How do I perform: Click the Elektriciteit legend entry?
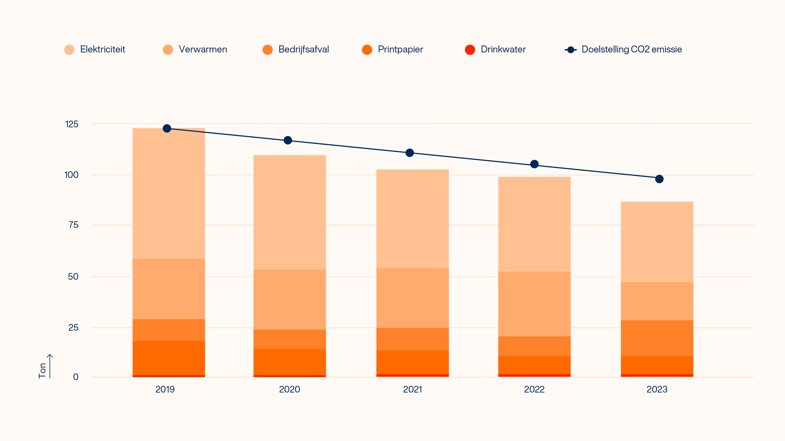pyautogui.click(x=95, y=49)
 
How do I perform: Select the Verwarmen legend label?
pyautogui.click(x=203, y=49)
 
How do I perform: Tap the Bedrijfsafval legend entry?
pyautogui.click(x=296, y=49)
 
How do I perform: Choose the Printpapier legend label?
pyautogui.click(x=401, y=50)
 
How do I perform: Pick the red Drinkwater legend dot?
pyautogui.click(x=470, y=50)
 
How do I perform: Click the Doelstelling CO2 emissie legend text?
pyautogui.click(x=632, y=49)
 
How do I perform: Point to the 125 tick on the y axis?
pyautogui.click(x=72, y=124)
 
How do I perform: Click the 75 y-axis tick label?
pyautogui.click(x=73, y=225)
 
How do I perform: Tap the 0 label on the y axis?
pyautogui.click(x=76, y=377)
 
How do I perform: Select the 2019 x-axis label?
pyautogui.click(x=165, y=389)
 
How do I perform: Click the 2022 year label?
pyautogui.click(x=534, y=389)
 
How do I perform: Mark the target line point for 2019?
pyautogui.click(x=167, y=129)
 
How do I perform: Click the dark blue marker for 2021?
pyautogui.click(x=410, y=152)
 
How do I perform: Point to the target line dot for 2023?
pyautogui.click(x=659, y=179)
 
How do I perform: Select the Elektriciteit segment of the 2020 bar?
pyautogui.click(x=290, y=212)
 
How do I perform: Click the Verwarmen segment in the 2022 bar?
pyautogui.click(x=534, y=304)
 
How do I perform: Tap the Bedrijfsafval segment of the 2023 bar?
pyautogui.click(x=657, y=338)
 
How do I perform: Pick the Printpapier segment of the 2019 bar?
pyautogui.click(x=169, y=358)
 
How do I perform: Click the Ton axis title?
pyautogui.click(x=42, y=370)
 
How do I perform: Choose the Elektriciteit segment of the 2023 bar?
pyautogui.click(x=657, y=242)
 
